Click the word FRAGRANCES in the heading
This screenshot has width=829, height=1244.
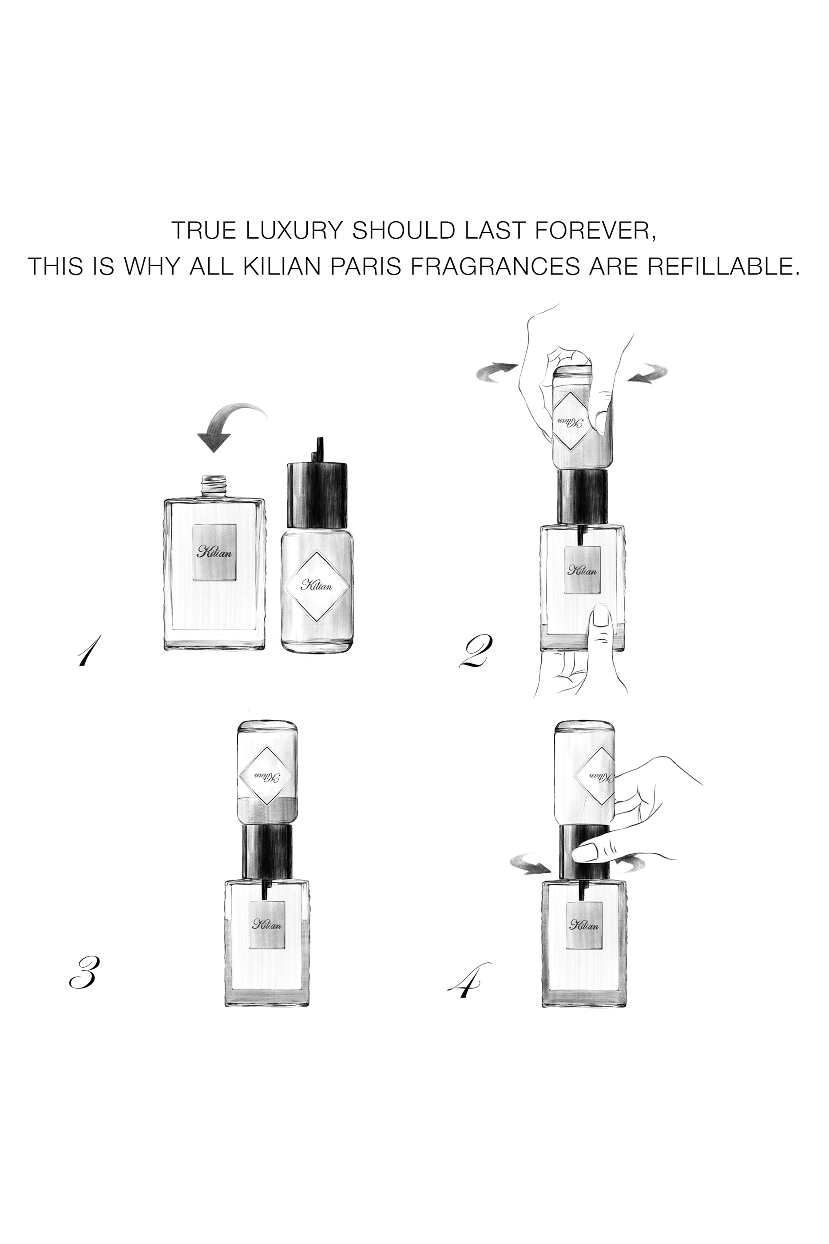tap(496, 266)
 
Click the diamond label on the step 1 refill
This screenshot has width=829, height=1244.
tap(317, 586)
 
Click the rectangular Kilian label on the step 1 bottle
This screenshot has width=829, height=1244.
tap(214, 552)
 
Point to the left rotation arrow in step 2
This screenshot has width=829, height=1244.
tap(496, 372)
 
